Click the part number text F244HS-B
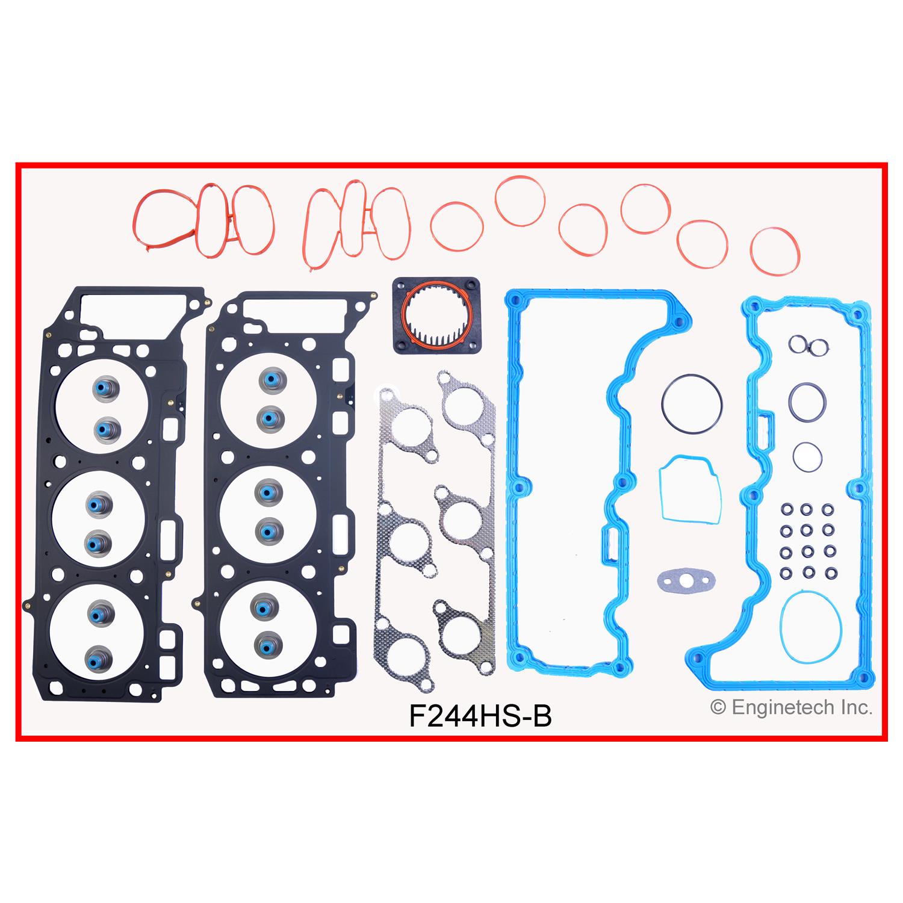coord(480,716)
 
